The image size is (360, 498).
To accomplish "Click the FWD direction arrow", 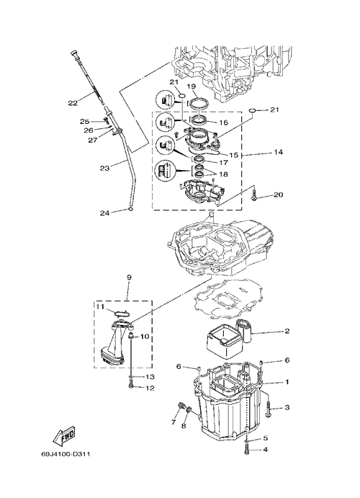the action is pyautogui.click(x=64, y=435).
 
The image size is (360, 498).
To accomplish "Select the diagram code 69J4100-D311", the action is pyautogui.click(x=66, y=454).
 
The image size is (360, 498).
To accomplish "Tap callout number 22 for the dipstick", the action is pyautogui.click(x=73, y=103).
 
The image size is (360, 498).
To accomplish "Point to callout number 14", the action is pyautogui.click(x=278, y=152).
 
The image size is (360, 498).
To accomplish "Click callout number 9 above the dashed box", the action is pyautogui.click(x=129, y=277).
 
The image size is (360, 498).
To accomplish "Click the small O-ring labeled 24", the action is pyautogui.click(x=130, y=209).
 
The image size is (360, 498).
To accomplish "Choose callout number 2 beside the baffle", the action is pyautogui.click(x=287, y=332).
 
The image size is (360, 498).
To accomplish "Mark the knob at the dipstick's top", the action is pyautogui.click(x=74, y=53).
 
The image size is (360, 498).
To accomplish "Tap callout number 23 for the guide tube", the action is pyautogui.click(x=104, y=168).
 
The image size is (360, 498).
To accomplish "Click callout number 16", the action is pyautogui.click(x=224, y=123).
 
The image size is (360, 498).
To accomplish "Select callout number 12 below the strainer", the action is pyautogui.click(x=150, y=388).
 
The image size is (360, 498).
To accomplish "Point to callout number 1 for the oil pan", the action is pyautogui.click(x=287, y=382).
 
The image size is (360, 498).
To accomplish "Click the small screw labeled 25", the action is pyautogui.click(x=106, y=120).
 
